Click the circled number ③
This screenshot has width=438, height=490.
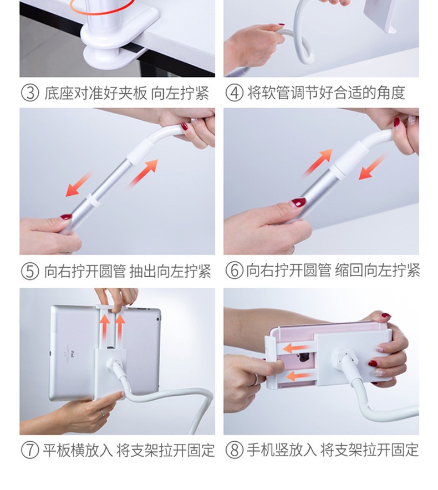click(x=30, y=93)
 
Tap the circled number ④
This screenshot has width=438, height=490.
click(x=234, y=93)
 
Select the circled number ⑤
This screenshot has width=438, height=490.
click(x=30, y=271)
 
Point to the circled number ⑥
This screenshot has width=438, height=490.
click(x=234, y=270)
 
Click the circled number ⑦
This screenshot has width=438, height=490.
click(x=30, y=450)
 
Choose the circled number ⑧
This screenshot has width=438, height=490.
click(x=234, y=450)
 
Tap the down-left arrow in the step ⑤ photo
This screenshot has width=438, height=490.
click(x=79, y=184)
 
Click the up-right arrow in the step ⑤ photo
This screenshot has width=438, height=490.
click(x=144, y=173)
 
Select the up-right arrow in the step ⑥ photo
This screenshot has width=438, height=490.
click(x=318, y=162)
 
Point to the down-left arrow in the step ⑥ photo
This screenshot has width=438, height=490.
click(x=371, y=167)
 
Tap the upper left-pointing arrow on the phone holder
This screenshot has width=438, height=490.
click(x=298, y=348)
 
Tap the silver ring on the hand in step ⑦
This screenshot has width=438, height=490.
click(x=103, y=413)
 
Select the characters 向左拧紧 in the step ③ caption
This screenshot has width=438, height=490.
click(x=180, y=93)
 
